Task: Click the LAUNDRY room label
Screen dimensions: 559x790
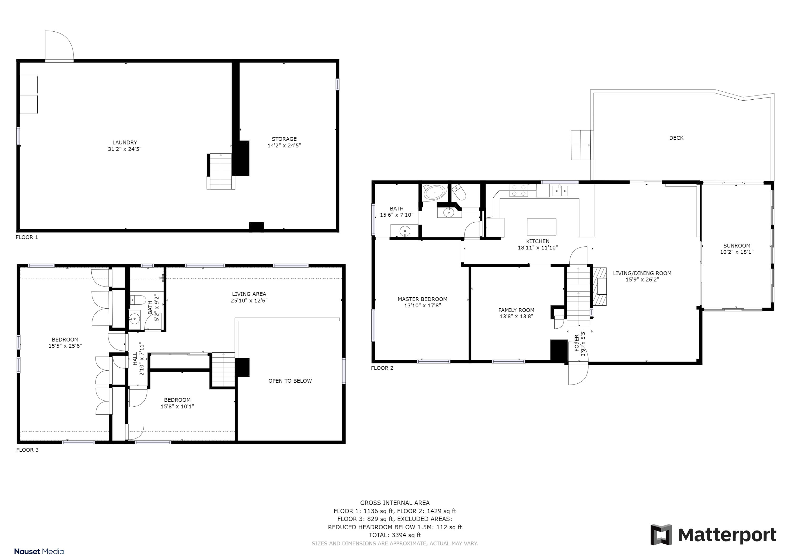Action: tap(125, 142)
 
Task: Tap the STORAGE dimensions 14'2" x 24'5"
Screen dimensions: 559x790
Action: tap(284, 145)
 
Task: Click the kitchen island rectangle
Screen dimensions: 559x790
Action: tap(541, 227)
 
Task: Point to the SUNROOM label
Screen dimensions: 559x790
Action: tap(736, 246)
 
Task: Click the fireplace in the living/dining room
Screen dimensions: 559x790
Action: tap(599, 286)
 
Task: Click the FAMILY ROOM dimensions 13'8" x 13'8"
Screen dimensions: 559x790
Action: tap(516, 316)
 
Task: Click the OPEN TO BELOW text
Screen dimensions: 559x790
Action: tap(290, 381)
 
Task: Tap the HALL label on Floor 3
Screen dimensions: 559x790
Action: tap(135, 358)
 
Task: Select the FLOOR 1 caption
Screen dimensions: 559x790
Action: tap(27, 237)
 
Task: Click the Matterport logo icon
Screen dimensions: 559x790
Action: tap(661, 534)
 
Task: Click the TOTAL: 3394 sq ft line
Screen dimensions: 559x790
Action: tap(395, 535)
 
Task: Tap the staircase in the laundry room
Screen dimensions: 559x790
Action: tap(221, 171)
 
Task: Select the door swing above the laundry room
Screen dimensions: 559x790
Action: tap(59, 46)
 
